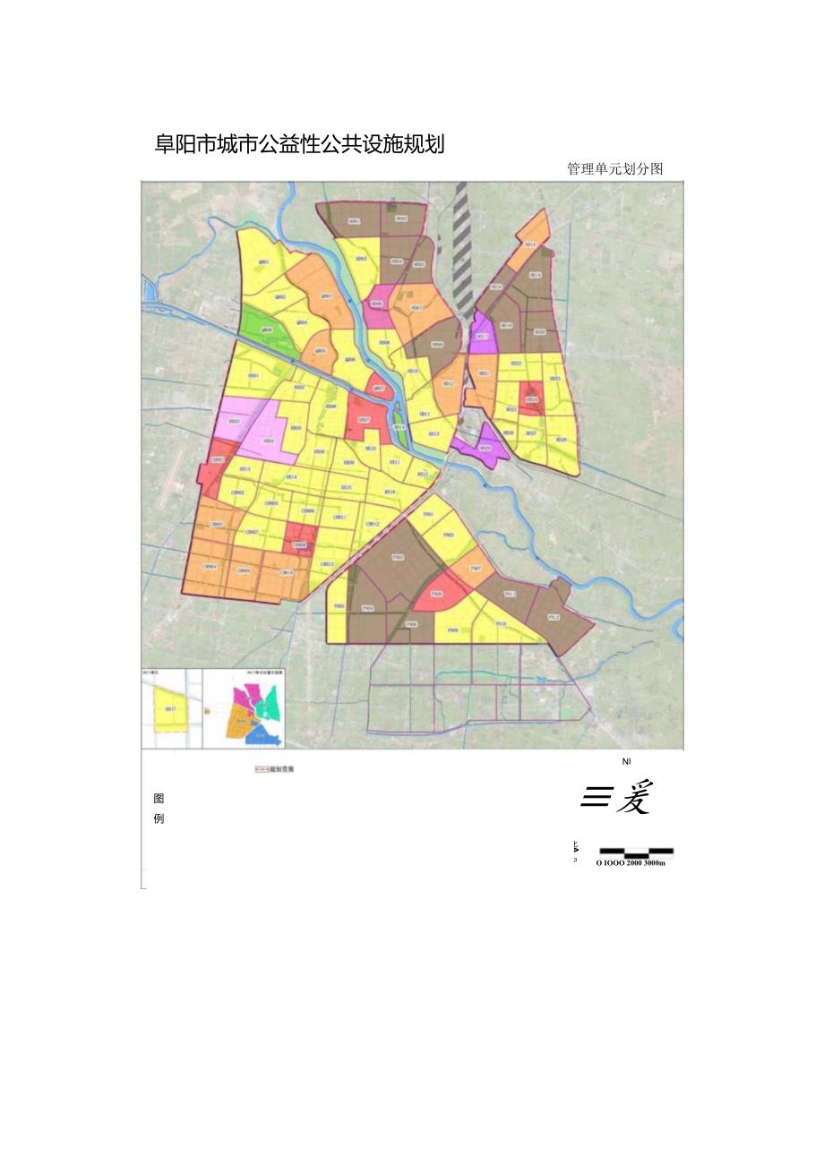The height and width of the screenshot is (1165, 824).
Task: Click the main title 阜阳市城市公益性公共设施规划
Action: (x=300, y=144)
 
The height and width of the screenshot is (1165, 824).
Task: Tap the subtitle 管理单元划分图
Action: (x=614, y=168)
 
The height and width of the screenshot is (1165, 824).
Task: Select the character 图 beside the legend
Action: (x=159, y=799)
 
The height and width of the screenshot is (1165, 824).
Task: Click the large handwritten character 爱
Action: (x=633, y=797)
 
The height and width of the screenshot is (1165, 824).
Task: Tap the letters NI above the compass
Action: (x=627, y=760)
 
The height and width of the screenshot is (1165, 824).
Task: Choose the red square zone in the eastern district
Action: (x=532, y=398)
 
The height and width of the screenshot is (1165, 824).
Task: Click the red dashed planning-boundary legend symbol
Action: (x=262, y=768)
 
